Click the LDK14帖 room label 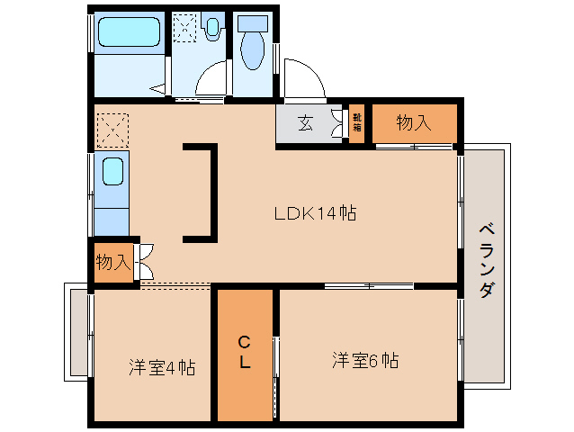click(316, 214)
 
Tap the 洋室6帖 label click(365, 361)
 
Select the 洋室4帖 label click(162, 367)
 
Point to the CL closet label click(244, 352)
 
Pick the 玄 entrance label click(305, 124)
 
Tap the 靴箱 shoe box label click(356, 122)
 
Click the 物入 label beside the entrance click(413, 123)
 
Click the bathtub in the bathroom click(129, 33)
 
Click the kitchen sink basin click(112, 171)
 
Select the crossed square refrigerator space click(113, 130)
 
